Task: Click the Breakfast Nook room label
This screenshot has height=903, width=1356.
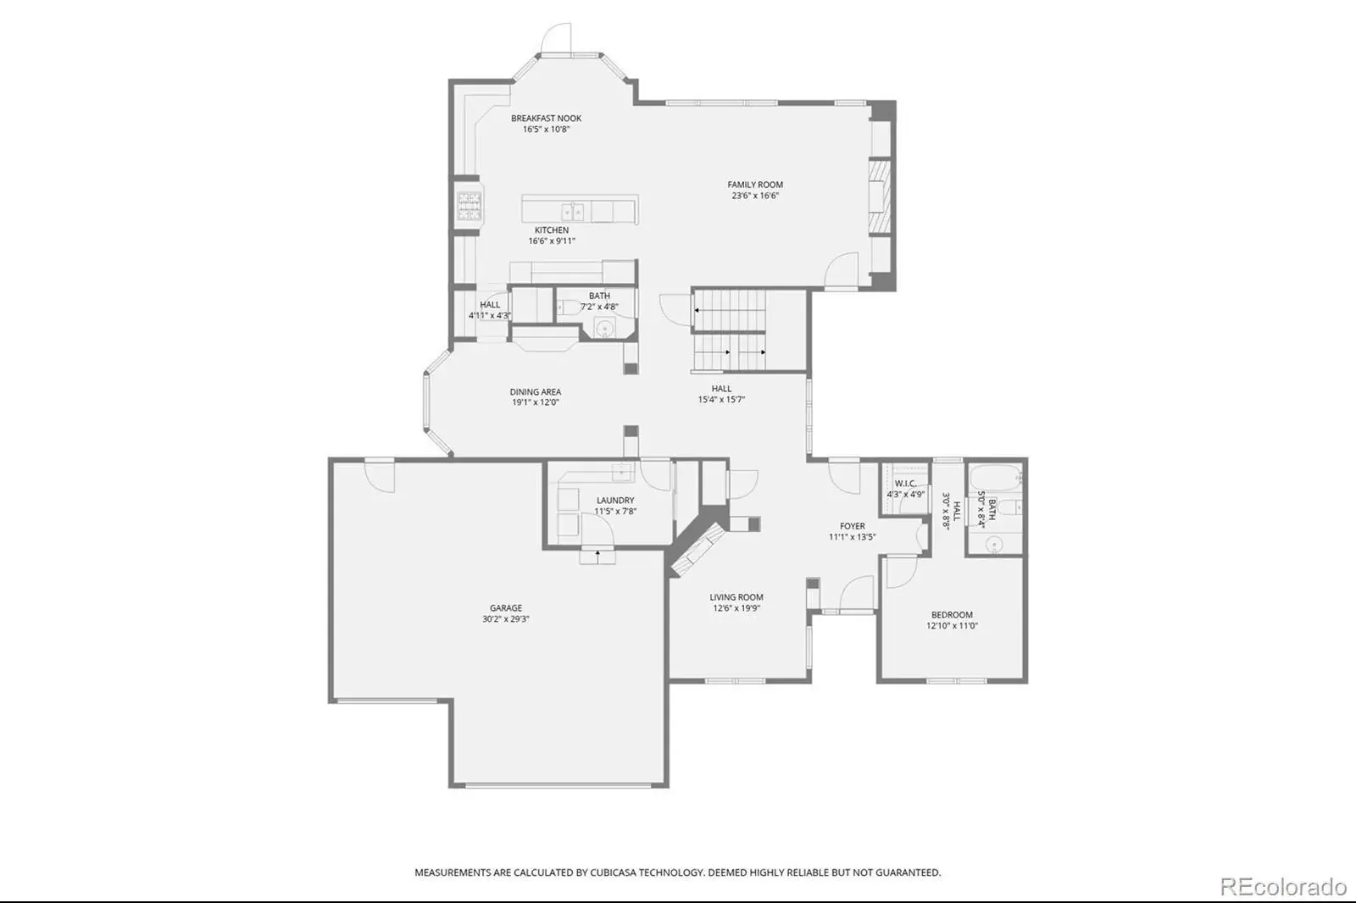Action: pos(546,119)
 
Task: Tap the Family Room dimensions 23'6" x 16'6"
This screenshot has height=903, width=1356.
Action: pos(755,196)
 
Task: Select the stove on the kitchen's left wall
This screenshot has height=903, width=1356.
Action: pos(470,206)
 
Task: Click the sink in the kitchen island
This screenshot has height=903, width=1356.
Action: pos(573,212)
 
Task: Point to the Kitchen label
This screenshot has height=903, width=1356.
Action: pos(552,230)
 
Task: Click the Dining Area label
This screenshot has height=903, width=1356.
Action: pos(535,392)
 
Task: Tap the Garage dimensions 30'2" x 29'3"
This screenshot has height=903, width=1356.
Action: pos(505,619)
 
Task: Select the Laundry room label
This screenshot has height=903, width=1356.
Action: pos(615,501)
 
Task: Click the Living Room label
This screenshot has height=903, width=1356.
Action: pos(736,597)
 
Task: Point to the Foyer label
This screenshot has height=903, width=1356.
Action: pos(853,527)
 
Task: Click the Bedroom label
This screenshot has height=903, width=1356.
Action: pos(953,615)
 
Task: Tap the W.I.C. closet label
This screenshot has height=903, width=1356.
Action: pos(905,484)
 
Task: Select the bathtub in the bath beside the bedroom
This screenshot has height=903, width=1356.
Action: pos(996,479)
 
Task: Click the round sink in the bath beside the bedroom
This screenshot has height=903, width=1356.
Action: pos(994,546)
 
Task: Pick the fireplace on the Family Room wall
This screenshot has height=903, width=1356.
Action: pos(880,196)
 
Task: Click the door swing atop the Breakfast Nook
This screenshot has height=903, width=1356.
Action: pos(556,38)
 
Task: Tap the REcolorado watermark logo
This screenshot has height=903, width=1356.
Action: pos(1283,887)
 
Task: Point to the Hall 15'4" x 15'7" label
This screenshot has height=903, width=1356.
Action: pos(721,394)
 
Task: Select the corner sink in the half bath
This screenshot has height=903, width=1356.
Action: pos(605,328)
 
